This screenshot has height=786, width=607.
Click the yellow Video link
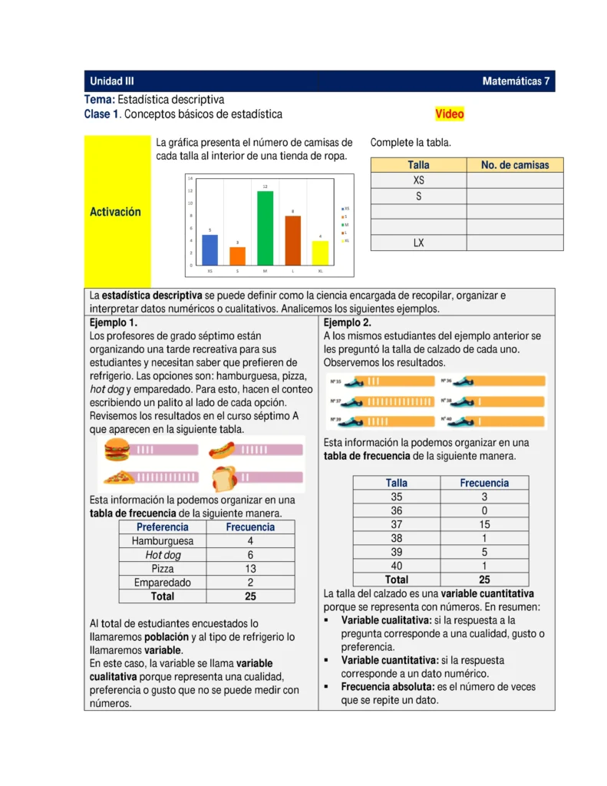tap(450, 114)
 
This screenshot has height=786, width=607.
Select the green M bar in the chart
tap(265, 228)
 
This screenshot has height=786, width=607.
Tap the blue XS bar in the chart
tap(210, 249)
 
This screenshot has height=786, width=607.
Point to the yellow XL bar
tap(320, 253)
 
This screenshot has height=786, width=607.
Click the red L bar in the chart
tap(292, 240)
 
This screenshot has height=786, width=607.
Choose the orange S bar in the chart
tap(238, 256)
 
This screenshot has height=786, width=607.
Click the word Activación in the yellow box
tap(116, 212)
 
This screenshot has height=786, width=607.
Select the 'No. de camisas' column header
tap(515, 165)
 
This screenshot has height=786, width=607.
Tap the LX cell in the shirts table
tap(418, 243)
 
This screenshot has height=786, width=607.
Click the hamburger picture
tap(117, 449)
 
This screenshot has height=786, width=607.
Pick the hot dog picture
tap(223, 450)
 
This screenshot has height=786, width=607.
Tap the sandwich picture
tap(223, 477)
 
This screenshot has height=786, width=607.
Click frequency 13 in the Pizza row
tap(250, 569)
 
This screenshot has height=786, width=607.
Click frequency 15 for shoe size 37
tap(483, 524)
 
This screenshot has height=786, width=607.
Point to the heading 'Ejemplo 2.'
tap(348, 322)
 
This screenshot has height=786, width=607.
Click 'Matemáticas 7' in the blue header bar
tap(516, 81)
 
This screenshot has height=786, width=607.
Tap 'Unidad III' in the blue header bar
tap(112, 81)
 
